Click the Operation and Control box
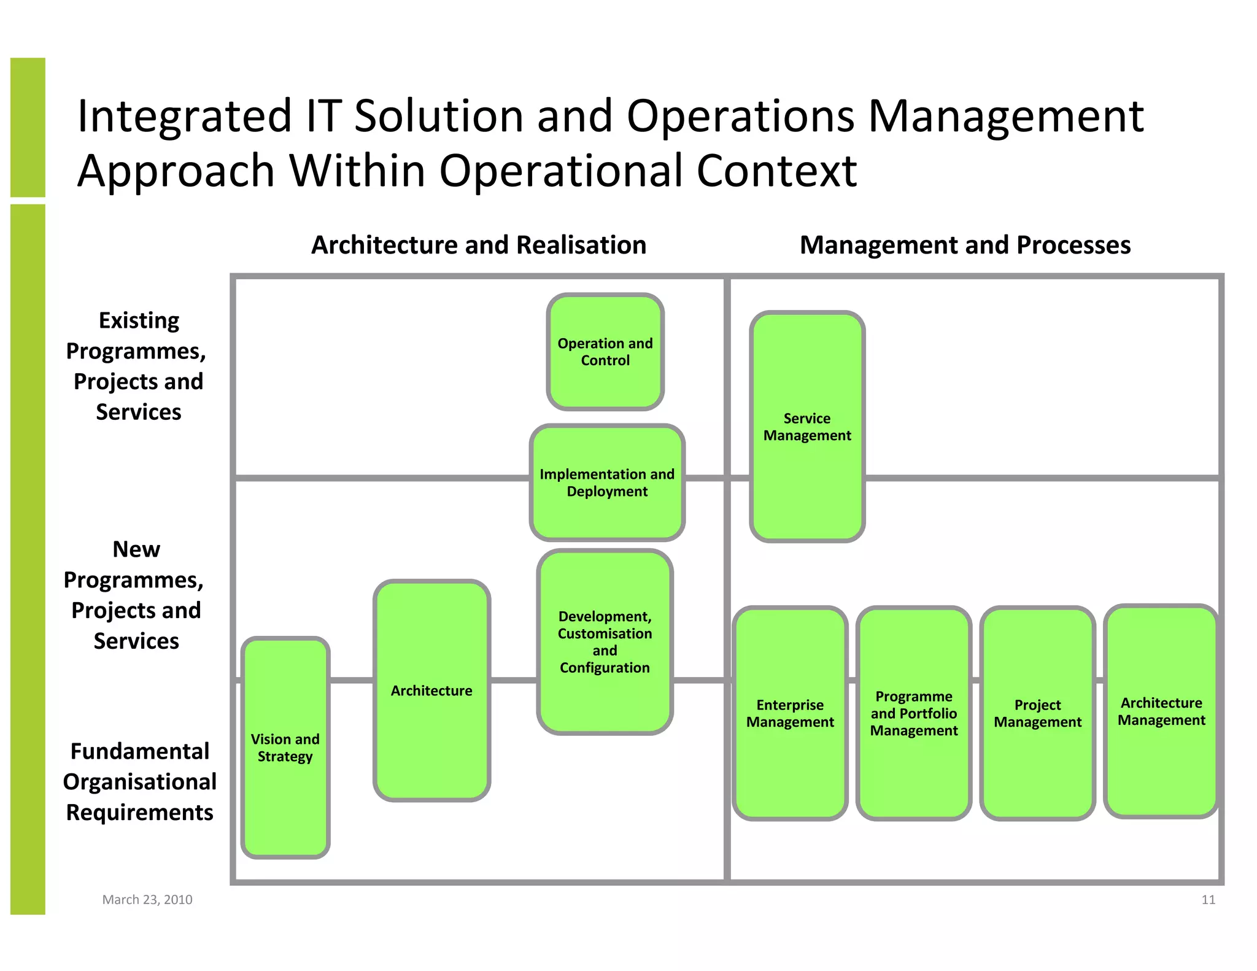pos(605,352)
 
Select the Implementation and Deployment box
pos(607,482)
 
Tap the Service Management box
pos(807,427)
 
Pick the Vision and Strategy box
pos(285,747)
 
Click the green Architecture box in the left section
pos(431,691)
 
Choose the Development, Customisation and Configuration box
pos(605,641)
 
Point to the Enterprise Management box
pos(790,713)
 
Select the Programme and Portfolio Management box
pos(914,713)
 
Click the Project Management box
pos(1037,713)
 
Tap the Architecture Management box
pos(1161,711)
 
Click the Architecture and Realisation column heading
pos(479,245)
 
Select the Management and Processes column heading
pos(965,245)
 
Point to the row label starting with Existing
pos(137,366)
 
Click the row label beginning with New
pos(135,594)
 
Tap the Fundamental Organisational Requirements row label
pos(139,781)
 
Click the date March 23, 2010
pos(147,899)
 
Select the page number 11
pos(1208,899)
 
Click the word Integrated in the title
pos(184,116)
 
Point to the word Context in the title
pos(776,171)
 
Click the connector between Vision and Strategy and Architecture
pos(352,680)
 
